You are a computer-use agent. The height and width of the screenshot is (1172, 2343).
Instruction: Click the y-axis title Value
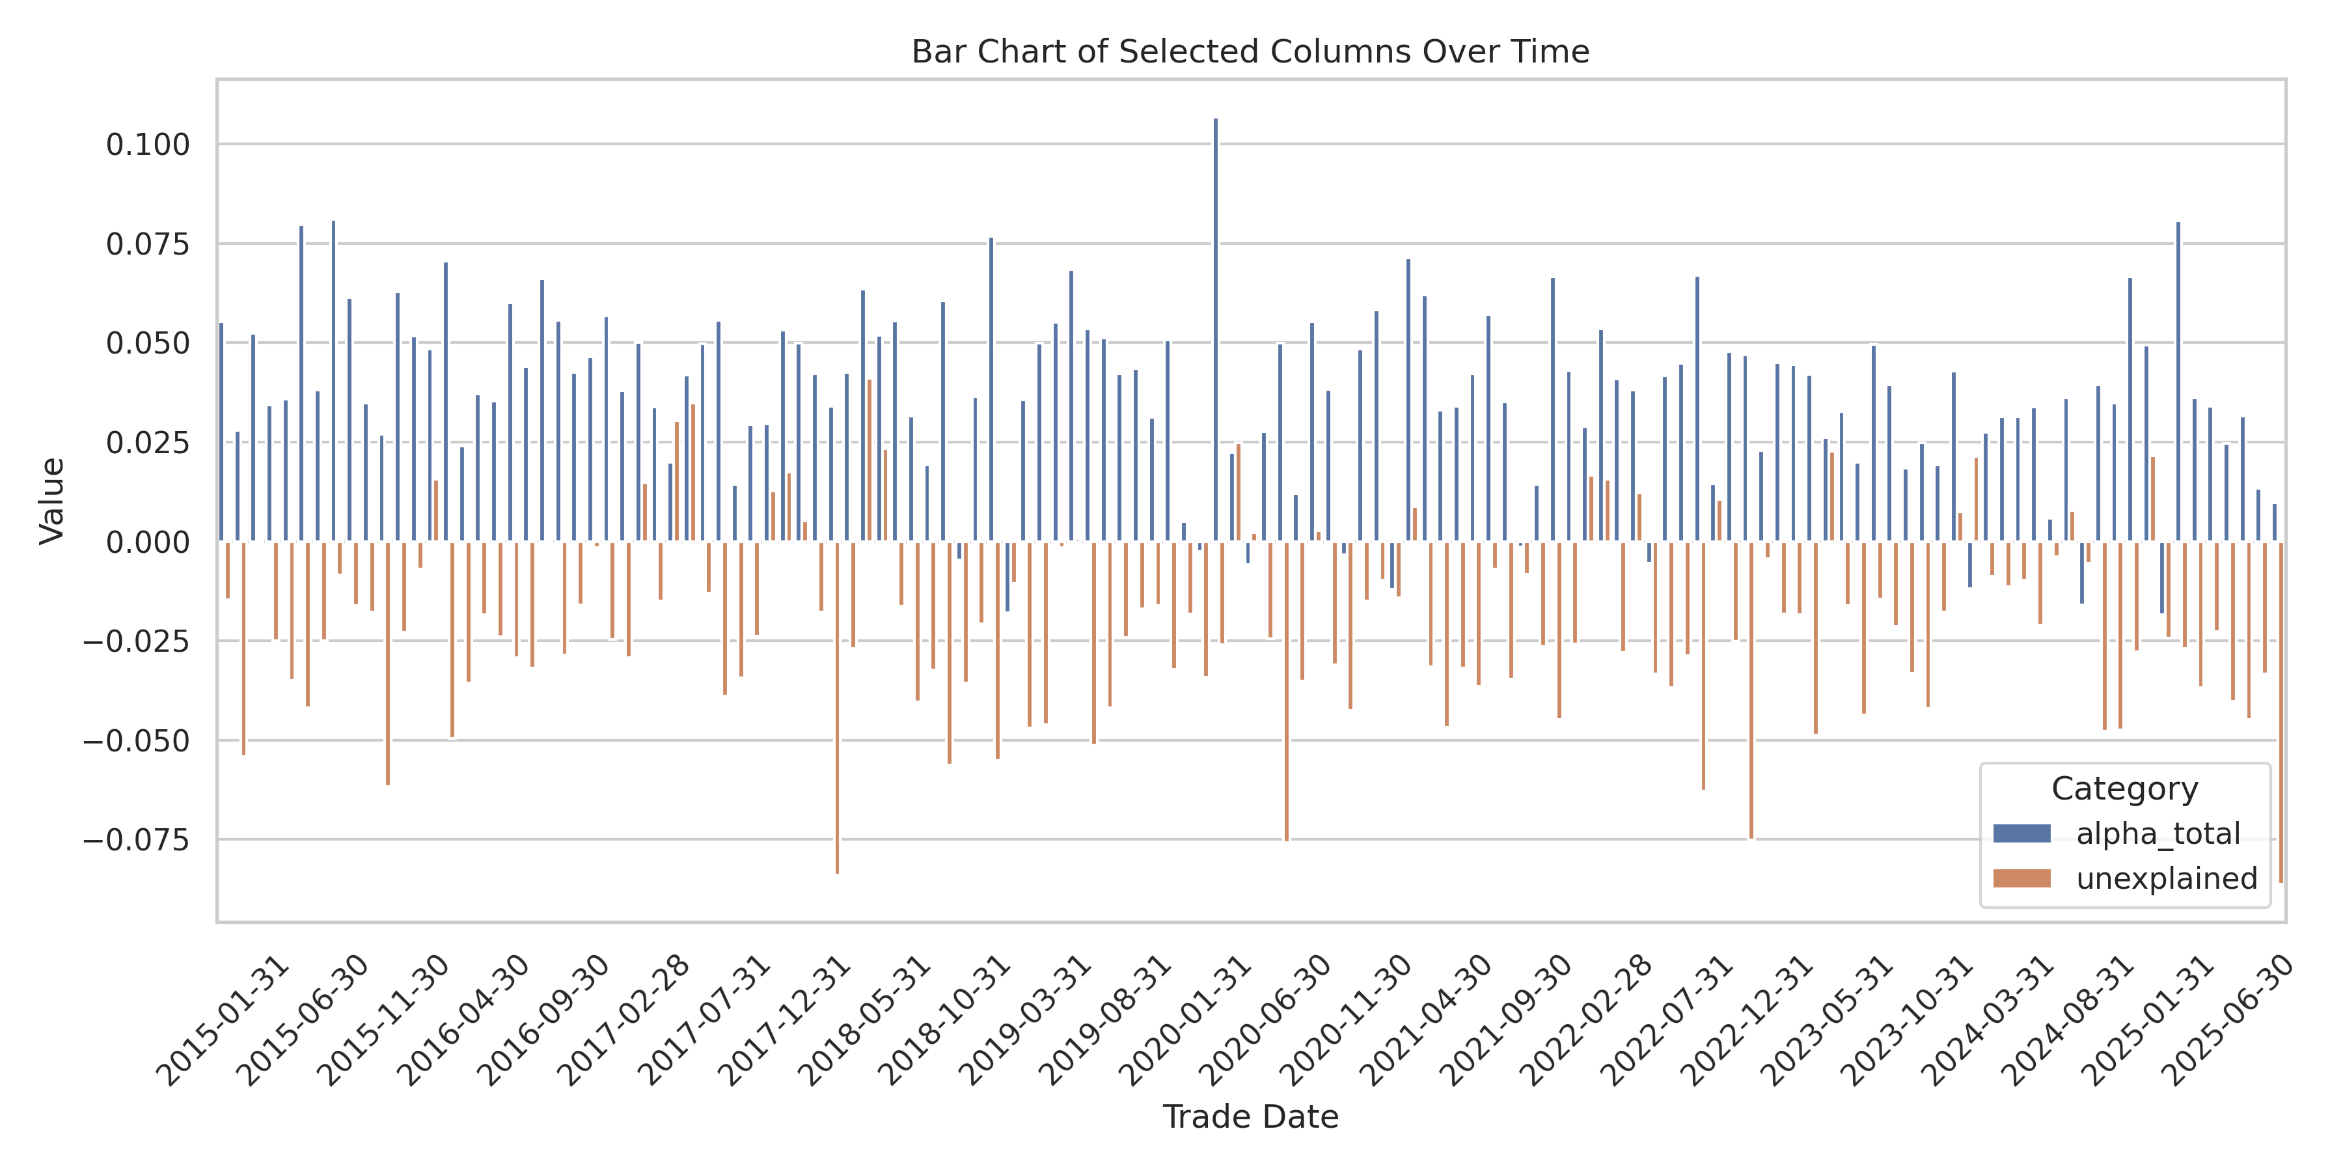click(52, 501)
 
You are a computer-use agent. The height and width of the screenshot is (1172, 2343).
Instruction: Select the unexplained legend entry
click(2165, 878)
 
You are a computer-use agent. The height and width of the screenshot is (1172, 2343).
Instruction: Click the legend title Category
click(2124, 789)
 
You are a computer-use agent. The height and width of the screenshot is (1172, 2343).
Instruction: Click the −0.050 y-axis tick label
click(137, 742)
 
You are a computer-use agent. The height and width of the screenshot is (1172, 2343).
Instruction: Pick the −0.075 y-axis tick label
click(137, 840)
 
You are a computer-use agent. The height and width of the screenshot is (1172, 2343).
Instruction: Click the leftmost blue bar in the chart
click(221, 432)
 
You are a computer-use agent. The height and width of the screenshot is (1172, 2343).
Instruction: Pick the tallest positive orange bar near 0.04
click(870, 460)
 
